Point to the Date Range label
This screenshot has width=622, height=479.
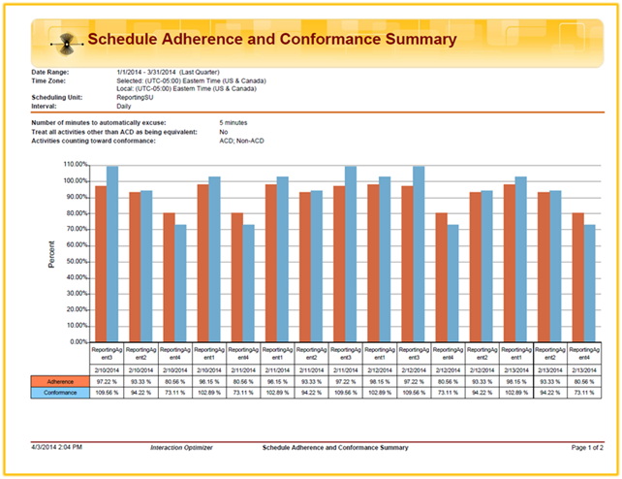(51, 72)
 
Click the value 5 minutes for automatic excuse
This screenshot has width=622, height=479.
(237, 123)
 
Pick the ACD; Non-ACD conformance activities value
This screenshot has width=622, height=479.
(241, 141)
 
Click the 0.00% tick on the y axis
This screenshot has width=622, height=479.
(76, 341)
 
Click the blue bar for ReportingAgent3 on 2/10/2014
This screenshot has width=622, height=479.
(112, 254)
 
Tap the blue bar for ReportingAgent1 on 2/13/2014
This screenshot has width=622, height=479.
(520, 259)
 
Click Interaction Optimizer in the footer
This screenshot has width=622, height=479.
(181, 447)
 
